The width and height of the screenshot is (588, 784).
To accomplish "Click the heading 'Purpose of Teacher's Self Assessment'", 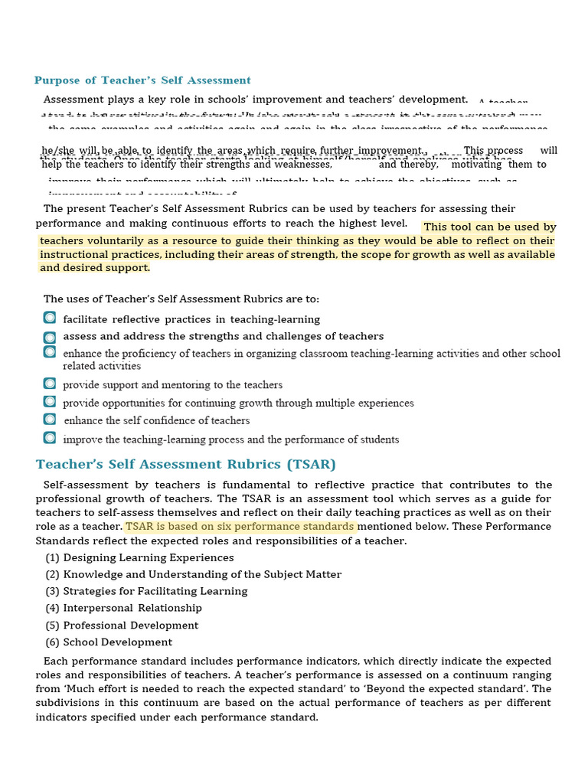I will coord(142,80).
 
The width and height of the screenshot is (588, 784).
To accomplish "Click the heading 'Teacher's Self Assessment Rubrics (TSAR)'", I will coord(186,464).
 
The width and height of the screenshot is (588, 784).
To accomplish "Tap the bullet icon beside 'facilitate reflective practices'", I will coord(50,318).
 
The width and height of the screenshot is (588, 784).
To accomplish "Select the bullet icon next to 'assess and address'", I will coord(50,336).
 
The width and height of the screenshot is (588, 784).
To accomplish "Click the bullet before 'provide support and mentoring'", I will coord(50,384).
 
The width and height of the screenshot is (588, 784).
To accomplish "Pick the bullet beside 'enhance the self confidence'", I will coord(50,420).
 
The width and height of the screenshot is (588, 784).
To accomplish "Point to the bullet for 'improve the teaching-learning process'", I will coord(50,438).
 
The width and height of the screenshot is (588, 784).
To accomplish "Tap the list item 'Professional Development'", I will coord(131,625).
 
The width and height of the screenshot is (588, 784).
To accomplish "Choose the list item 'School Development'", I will coord(118,642).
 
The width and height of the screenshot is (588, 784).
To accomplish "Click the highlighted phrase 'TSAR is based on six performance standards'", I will coord(240,527).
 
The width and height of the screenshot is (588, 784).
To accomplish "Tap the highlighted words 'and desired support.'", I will coord(95,268).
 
